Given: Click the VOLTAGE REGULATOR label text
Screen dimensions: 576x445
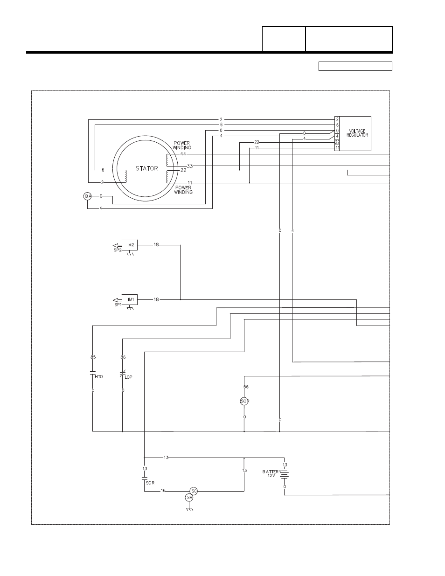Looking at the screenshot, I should tap(357, 133).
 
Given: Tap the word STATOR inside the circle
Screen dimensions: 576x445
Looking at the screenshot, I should tap(147, 168).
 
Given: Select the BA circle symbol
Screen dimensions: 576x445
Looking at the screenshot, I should tap(88, 196).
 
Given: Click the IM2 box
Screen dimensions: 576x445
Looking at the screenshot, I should tap(131, 245).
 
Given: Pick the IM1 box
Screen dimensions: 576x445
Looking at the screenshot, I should tap(131, 299).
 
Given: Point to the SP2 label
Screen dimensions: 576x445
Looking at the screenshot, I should tap(118, 250).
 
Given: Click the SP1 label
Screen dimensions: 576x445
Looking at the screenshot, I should tap(118, 305).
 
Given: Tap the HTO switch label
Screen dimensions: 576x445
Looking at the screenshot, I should tap(98, 376).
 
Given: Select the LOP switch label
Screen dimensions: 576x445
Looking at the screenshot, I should tap(128, 376).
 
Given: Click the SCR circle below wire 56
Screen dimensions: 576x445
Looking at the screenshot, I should tap(244, 401).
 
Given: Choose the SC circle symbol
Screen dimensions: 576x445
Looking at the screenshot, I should tap(194, 491).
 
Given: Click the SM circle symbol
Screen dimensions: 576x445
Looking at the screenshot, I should tap(189, 498).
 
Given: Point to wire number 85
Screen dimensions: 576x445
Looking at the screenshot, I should tap(93, 357).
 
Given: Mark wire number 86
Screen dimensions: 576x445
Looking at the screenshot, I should tap(123, 357).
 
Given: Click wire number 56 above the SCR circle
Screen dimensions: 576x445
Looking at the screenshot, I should tap(246, 387).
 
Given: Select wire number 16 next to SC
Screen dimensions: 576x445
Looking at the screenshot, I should tap(163, 491).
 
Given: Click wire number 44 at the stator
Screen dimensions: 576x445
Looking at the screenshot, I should tap(183, 153).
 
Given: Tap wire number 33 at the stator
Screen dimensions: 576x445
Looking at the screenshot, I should tap(190, 166).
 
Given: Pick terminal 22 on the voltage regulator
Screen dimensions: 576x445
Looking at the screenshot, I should tap(337, 142).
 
